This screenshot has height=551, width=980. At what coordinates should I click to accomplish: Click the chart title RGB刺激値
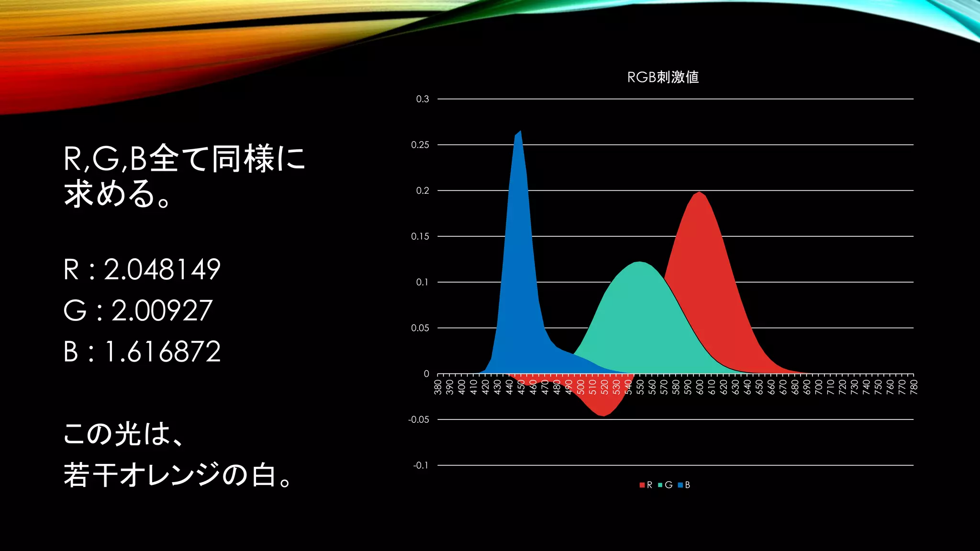663,77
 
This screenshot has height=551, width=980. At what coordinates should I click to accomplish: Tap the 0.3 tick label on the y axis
422,99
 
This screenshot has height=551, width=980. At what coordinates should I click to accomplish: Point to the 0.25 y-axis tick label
420,145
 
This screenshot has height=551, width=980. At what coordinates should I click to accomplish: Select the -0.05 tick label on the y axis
418,419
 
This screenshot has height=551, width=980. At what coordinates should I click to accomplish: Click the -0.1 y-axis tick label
421,465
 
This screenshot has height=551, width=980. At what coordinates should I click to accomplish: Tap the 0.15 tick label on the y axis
420,236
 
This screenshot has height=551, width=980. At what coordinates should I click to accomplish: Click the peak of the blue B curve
520,131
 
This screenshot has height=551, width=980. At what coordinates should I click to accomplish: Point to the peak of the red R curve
700,192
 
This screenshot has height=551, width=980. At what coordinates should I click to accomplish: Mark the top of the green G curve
640,262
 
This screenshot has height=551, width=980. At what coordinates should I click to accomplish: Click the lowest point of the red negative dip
604,416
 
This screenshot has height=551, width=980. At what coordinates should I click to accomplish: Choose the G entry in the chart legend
666,485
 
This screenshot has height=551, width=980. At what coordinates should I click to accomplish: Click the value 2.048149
162,269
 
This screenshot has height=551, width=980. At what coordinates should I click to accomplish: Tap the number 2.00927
162,311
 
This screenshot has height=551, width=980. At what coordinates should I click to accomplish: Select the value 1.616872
162,352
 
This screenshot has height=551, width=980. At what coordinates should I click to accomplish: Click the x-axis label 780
913,386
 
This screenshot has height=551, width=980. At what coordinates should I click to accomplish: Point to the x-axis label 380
437,386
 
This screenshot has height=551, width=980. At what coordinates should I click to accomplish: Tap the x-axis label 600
700,386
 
